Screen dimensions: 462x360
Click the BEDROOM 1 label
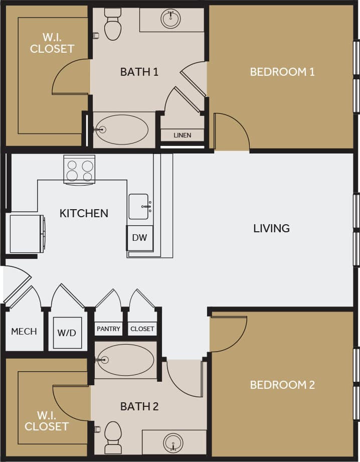click(x=282, y=72)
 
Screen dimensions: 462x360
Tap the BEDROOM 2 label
click(x=282, y=385)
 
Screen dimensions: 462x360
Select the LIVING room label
click(x=271, y=228)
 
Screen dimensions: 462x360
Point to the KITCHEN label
click(x=84, y=213)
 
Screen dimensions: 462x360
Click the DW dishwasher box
click(x=139, y=238)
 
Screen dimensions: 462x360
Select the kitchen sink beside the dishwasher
click(x=139, y=206)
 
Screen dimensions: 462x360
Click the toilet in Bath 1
click(x=113, y=25)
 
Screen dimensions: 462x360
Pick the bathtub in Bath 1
click(x=122, y=129)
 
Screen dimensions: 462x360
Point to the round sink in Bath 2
click(x=173, y=443)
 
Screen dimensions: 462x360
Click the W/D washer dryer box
click(x=67, y=333)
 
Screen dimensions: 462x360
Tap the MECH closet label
click(x=24, y=332)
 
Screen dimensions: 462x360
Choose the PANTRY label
click(x=109, y=329)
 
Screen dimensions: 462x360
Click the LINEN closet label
click(x=182, y=135)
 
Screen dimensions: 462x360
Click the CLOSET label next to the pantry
click(x=142, y=329)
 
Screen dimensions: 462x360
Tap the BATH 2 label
click(x=139, y=406)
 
